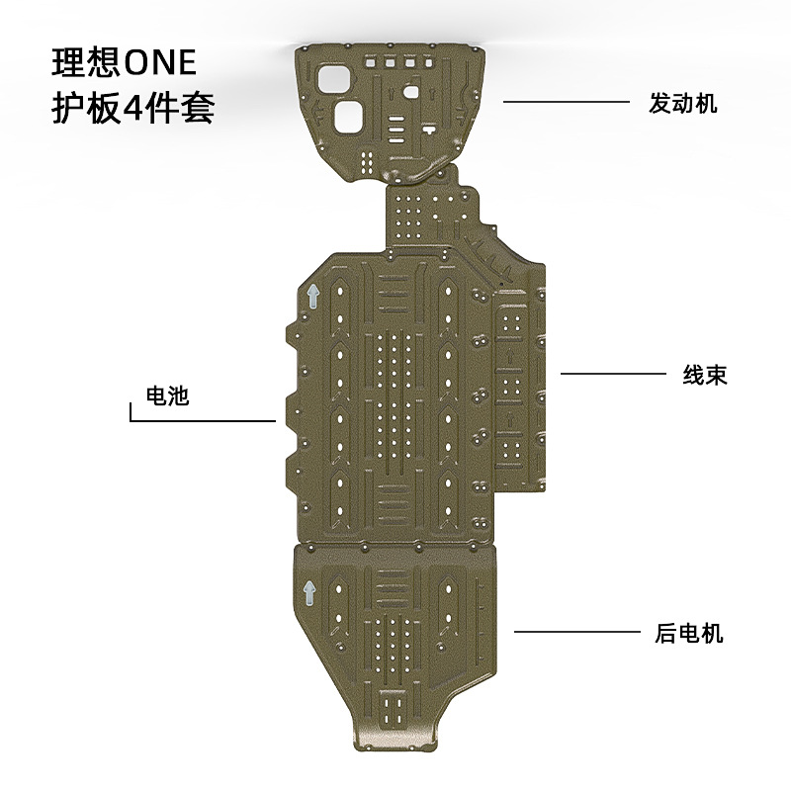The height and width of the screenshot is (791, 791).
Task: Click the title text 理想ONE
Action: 125,62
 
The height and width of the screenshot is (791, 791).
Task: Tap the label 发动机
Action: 683,104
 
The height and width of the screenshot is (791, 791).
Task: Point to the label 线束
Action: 705,375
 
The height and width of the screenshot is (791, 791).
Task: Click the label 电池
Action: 167,396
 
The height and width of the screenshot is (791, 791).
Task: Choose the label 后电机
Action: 689,633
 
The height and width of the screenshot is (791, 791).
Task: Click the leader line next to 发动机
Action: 566,101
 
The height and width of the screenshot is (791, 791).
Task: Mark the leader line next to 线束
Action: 613,373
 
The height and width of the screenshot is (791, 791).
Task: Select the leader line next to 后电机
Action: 578,631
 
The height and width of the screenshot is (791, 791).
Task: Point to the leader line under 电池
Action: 203,421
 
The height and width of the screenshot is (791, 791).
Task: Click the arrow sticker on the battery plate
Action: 312,296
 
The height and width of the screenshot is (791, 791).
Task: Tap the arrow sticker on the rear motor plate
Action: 309,591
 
